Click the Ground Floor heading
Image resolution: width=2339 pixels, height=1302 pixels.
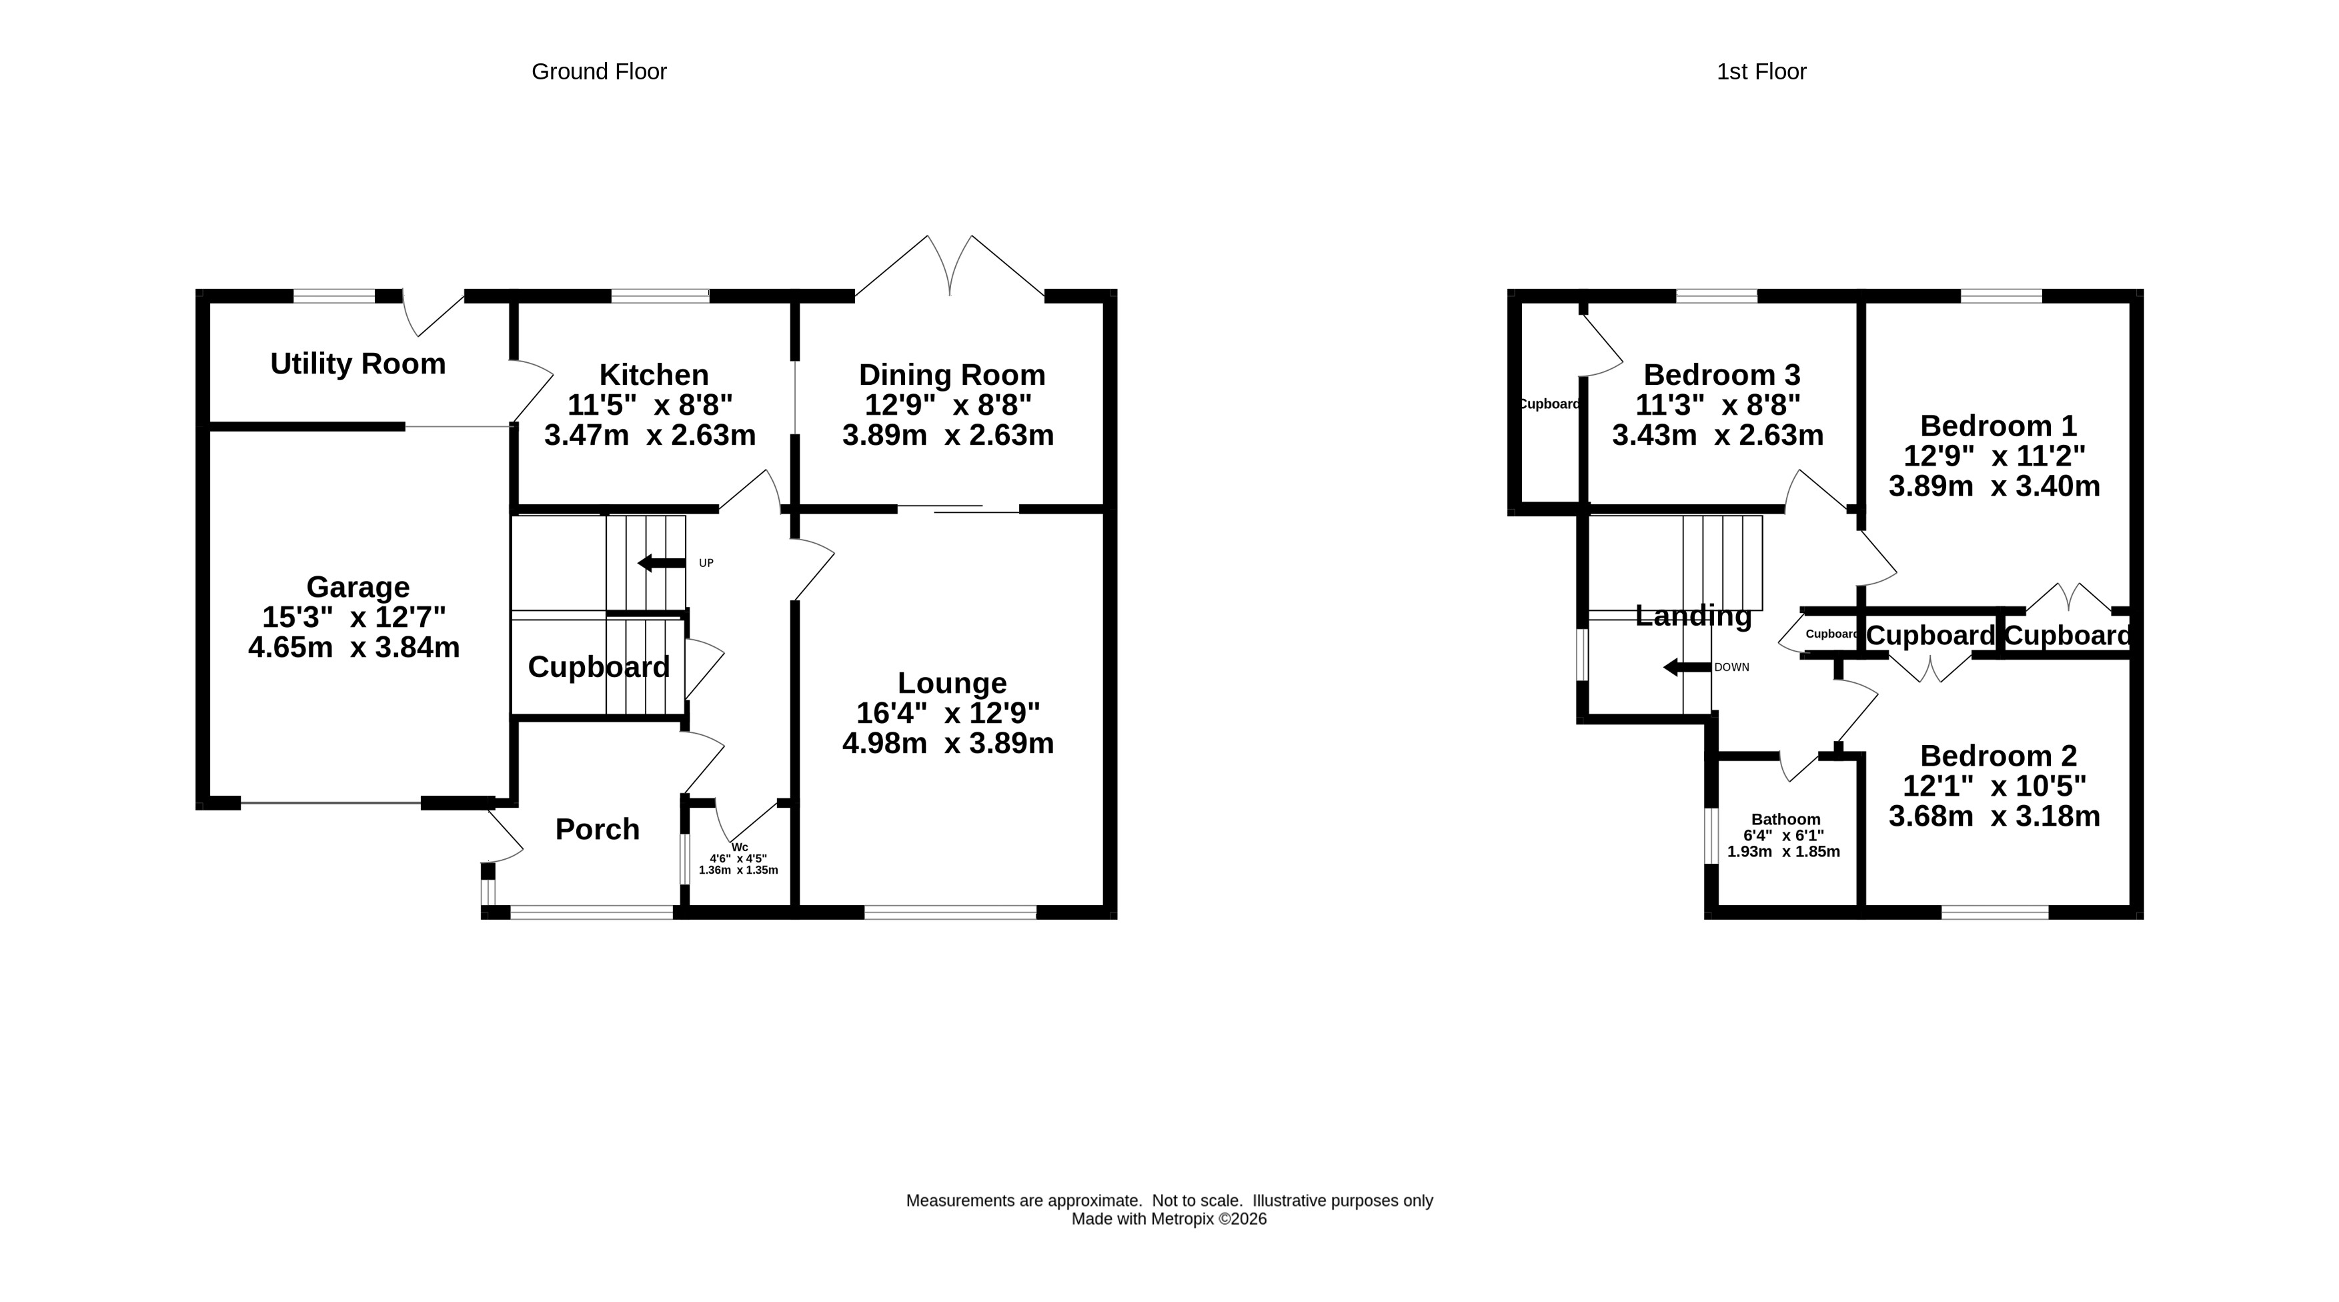click(x=600, y=72)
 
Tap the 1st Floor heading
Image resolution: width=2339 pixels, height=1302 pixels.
click(x=1761, y=72)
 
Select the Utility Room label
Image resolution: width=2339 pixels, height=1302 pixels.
click(x=357, y=364)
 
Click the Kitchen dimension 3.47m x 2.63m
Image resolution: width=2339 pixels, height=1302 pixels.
click(x=650, y=435)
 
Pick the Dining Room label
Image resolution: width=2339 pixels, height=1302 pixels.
click(x=952, y=375)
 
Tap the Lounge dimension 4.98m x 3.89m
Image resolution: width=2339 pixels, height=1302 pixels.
click(x=948, y=744)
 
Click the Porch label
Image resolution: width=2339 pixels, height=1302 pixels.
click(x=598, y=829)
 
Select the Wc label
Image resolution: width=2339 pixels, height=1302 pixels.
click(x=739, y=847)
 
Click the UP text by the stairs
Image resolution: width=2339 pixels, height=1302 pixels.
click(x=706, y=563)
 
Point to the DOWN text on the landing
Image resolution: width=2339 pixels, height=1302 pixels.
click(x=1731, y=668)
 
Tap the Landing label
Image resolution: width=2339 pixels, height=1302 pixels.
click(x=1693, y=616)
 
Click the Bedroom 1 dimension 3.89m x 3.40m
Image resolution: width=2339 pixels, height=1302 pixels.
click(x=1995, y=487)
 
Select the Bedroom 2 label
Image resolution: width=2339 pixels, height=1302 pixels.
click(x=1998, y=756)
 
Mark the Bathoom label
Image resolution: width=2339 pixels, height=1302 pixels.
click(x=1786, y=819)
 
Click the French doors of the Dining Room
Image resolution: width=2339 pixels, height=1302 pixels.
click(x=950, y=266)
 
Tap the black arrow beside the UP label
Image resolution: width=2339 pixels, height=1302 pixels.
click(x=661, y=563)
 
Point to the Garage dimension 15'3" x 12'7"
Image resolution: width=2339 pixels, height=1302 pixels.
click(x=354, y=618)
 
